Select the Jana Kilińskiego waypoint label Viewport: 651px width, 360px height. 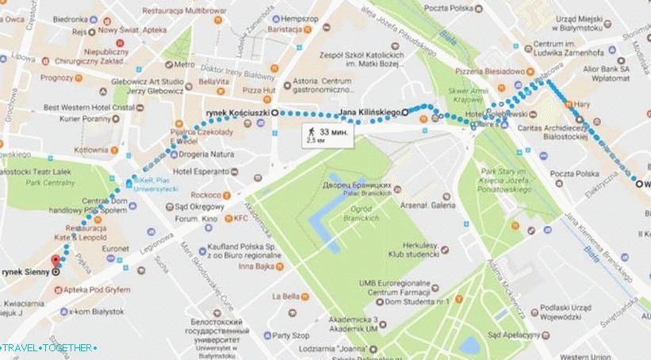(x=369, y=113)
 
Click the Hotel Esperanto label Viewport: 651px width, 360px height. (x=201, y=171)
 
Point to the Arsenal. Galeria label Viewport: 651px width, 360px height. (x=427, y=205)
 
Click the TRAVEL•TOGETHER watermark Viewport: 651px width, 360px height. (x=49, y=348)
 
